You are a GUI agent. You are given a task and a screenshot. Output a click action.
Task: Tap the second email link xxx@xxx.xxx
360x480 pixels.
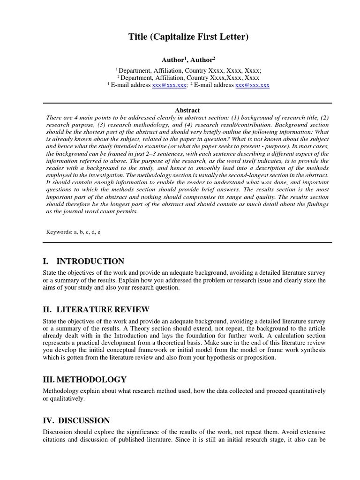pos(252,85)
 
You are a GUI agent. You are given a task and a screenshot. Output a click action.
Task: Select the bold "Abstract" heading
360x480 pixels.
pos(187,110)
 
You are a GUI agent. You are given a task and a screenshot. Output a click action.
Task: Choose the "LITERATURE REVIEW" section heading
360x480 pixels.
pos(103,309)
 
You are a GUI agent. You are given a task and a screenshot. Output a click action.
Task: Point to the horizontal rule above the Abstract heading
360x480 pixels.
pos(187,103)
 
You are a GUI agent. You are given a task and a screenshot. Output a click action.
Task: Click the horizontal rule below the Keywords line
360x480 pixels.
pos(187,242)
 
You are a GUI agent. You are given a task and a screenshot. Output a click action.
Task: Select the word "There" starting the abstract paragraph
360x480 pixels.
pos(54,118)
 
